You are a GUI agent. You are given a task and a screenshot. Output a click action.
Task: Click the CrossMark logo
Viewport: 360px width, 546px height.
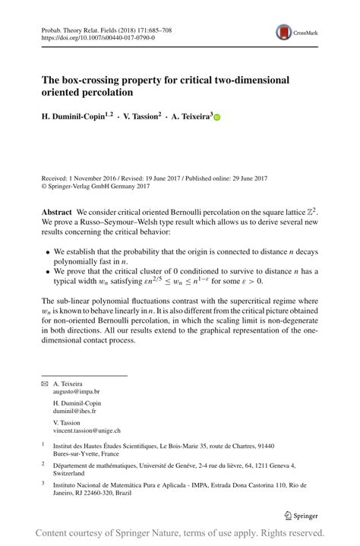coord(293,32)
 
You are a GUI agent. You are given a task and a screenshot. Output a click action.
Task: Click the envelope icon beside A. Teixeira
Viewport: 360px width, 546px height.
coord(45,384)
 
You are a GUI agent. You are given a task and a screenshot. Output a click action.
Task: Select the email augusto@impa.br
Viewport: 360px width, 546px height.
coord(76,392)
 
